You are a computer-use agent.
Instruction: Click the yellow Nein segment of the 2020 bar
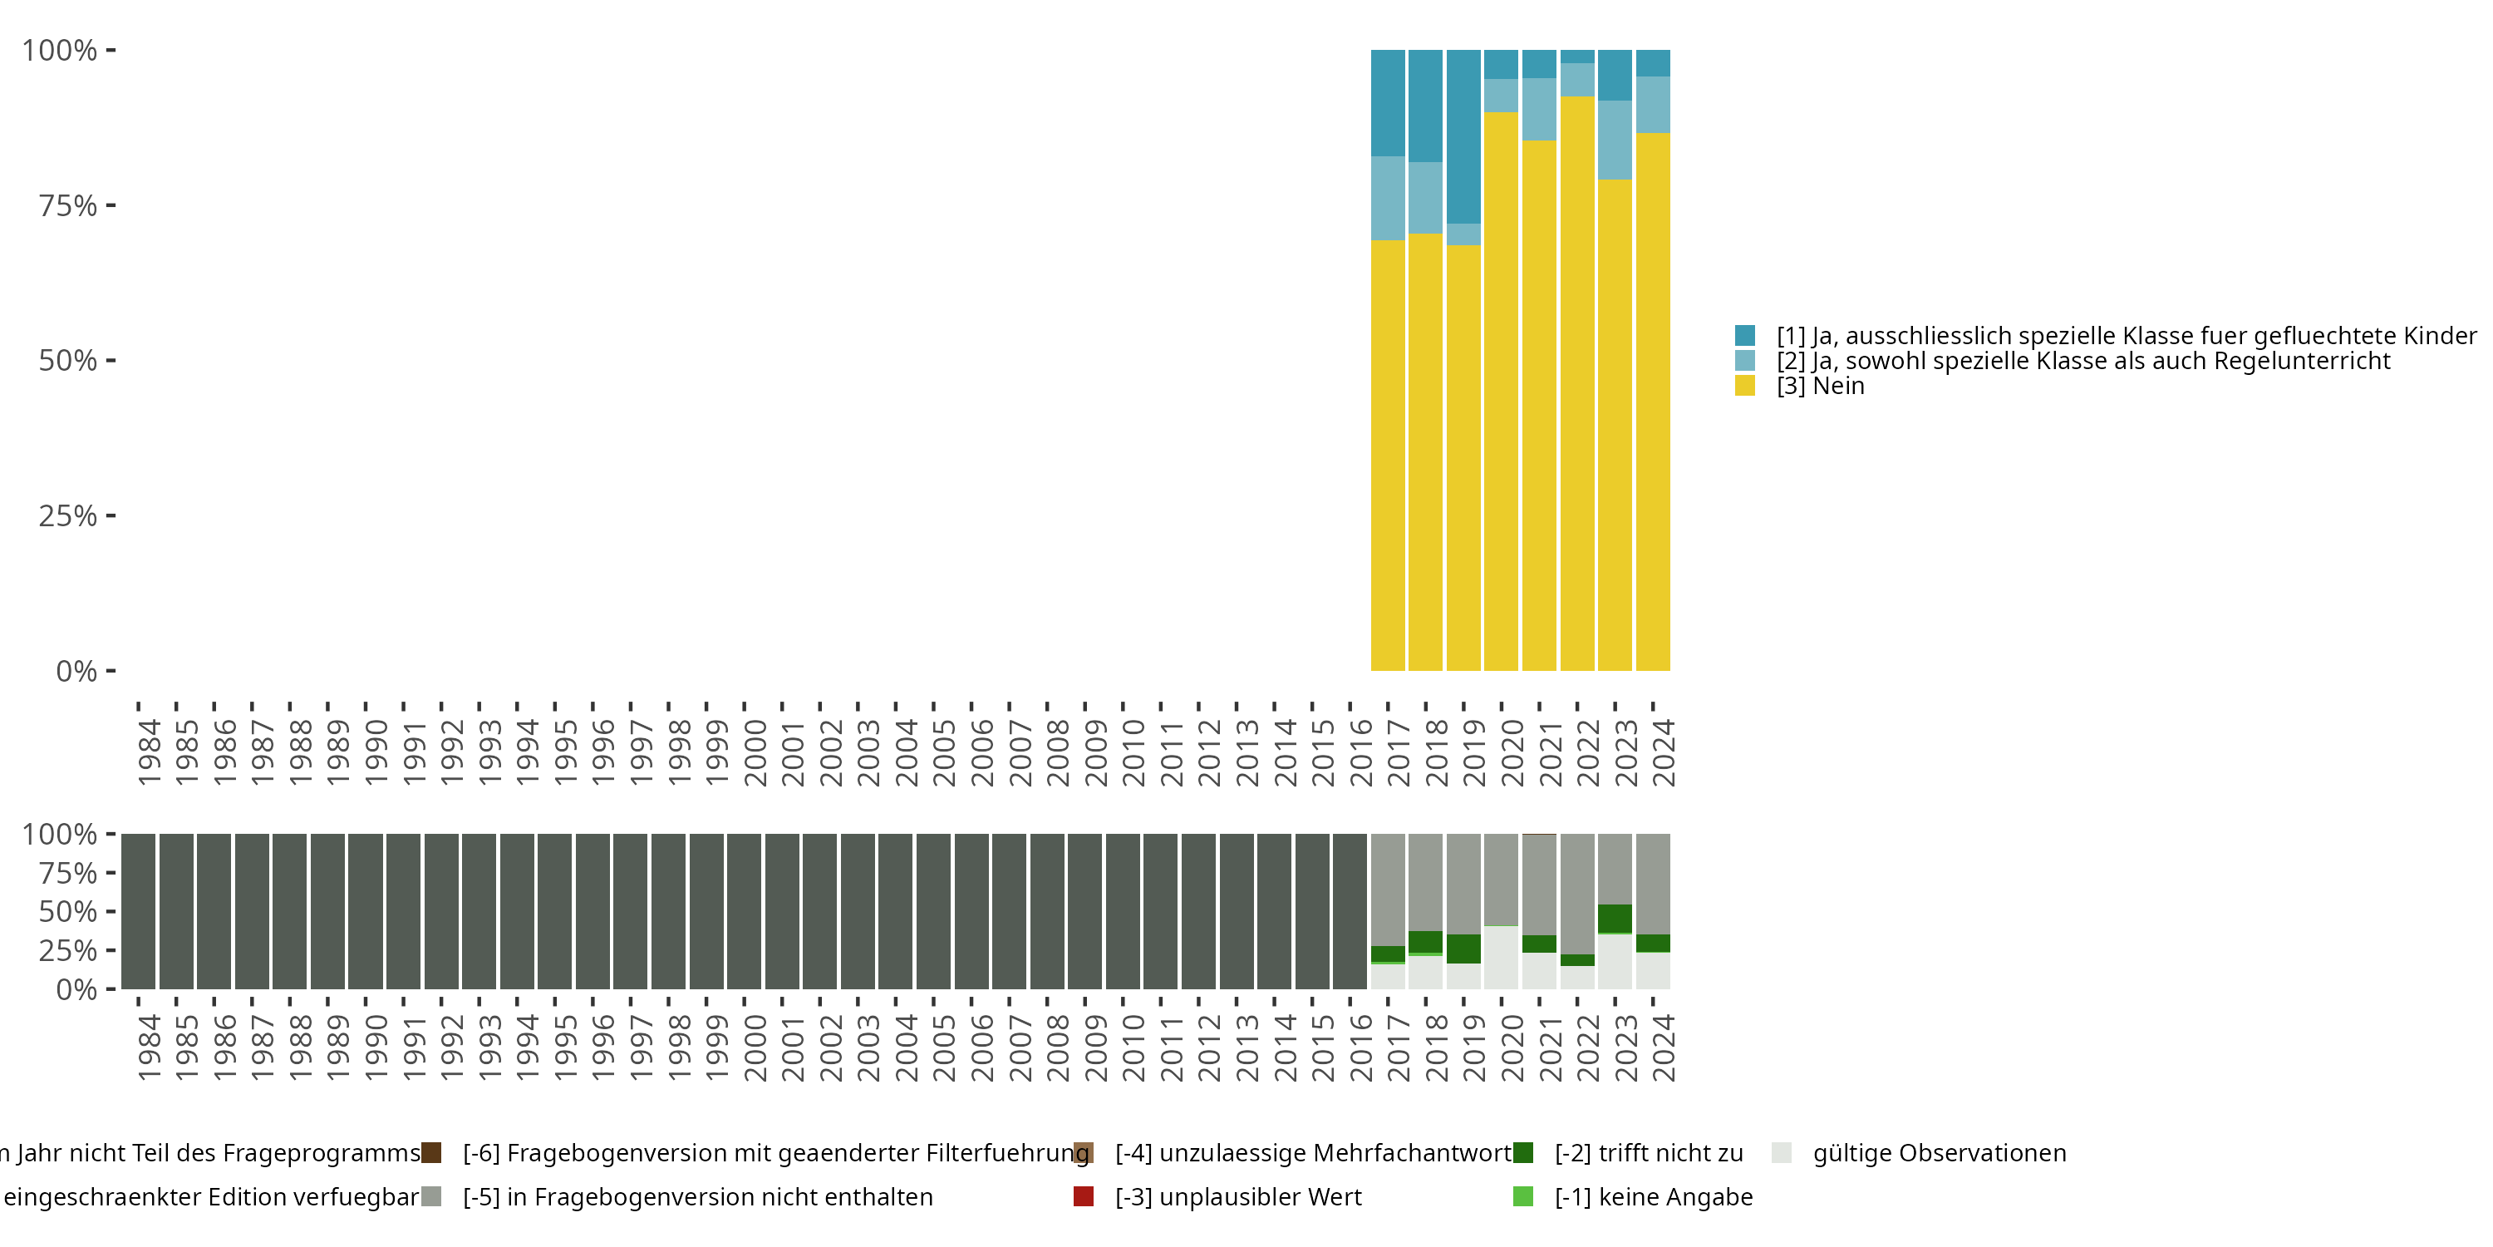1501,387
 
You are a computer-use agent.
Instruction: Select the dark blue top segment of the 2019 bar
1463,136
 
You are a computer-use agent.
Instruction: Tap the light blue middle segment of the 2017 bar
1388,198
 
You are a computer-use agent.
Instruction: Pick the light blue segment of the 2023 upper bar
1615,140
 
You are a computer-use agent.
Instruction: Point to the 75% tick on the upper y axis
111,205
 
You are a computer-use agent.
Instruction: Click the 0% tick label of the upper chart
76,671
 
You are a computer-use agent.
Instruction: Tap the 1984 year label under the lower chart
149,1047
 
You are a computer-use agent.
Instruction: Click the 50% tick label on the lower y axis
68,912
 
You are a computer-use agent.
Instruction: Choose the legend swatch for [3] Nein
1745,387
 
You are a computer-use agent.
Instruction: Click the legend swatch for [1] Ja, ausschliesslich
1745,336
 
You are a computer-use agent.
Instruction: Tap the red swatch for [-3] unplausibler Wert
1084,1196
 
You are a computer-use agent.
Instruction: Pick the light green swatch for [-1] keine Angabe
1523,1196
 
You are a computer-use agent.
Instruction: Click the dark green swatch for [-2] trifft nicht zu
1523,1153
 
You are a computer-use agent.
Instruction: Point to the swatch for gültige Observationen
1782,1153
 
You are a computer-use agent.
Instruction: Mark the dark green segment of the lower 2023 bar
1615,918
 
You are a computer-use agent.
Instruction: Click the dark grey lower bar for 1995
554,911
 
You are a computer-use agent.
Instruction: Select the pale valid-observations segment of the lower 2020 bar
1501,959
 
